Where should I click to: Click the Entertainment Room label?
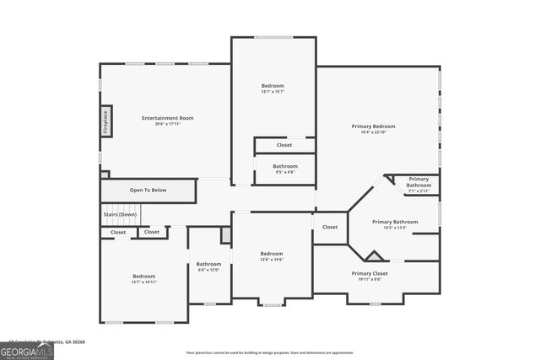[167, 118]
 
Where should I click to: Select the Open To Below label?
[148, 190]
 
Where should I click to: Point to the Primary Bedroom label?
[373, 126]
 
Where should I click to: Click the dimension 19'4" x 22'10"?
[373, 132]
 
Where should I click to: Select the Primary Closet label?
[370, 273]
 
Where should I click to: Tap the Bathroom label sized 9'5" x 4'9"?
[285, 166]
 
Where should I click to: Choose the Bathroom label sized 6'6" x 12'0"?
[208, 264]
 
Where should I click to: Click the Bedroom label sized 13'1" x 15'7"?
[273, 86]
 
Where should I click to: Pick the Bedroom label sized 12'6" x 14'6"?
[272, 254]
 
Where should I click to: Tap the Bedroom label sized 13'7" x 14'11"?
[143, 277]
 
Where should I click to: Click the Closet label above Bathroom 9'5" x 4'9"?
[285, 145]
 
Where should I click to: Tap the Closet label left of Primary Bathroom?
[330, 227]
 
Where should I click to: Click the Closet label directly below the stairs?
[118, 232]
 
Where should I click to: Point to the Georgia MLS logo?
[27, 349]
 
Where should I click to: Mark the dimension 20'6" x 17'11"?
[167, 124]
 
